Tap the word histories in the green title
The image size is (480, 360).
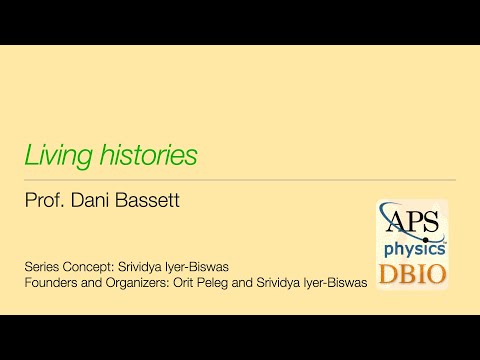coord(146,155)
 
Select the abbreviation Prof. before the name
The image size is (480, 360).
coord(45,201)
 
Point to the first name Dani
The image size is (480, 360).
coord(94,201)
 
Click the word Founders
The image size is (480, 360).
coord(51,283)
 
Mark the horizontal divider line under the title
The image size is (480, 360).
coord(240,180)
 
